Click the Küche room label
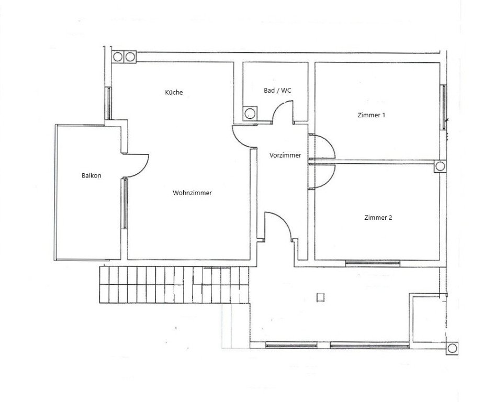pos(174,92)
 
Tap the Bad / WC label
pos(277,91)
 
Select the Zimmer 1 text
pos(372,115)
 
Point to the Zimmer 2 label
pos(378,217)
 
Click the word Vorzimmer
pos(285,155)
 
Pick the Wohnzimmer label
pos(192,193)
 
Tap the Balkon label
pos(91,175)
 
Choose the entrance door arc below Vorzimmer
pos(284,222)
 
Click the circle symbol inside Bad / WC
pos(250,114)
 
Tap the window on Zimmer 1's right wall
pos(444,107)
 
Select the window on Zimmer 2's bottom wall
pos(373,263)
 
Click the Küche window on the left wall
pos(108,103)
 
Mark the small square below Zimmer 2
pos(320,297)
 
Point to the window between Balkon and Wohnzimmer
pos(125,203)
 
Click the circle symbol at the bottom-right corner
pos(452,348)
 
